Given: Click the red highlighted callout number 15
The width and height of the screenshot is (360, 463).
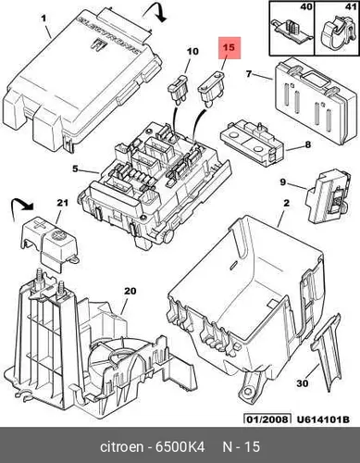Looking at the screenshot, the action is [230, 48].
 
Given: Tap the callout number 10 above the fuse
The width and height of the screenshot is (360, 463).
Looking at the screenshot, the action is [192, 51].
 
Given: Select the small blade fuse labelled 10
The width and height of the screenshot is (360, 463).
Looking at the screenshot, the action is [177, 87].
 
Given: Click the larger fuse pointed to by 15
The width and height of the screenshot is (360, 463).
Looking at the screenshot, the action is [211, 89].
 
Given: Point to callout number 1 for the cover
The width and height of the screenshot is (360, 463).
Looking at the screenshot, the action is [43, 19].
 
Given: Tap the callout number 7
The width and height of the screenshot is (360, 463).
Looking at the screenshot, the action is [249, 74].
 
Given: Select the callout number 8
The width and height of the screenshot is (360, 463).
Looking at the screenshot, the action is [307, 144].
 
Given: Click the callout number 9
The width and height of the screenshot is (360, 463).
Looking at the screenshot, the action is [283, 182].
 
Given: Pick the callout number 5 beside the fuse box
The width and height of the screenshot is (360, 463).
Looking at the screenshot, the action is [76, 169].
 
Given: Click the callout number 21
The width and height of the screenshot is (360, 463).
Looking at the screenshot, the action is [62, 203].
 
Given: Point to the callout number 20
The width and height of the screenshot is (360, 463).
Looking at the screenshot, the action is [130, 291].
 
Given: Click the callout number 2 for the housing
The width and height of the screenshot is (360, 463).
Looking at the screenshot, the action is [286, 203].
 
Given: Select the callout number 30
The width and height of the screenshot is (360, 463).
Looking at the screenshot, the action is [303, 383].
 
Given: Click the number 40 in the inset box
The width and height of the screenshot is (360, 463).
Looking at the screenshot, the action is [306, 6].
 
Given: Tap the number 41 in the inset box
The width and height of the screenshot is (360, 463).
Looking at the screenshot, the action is [351, 6].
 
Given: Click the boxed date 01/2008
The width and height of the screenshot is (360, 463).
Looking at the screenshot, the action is [267, 419].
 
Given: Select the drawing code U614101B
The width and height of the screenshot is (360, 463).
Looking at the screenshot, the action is [323, 419].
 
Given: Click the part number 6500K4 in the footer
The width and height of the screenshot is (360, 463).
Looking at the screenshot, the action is [180, 446].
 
